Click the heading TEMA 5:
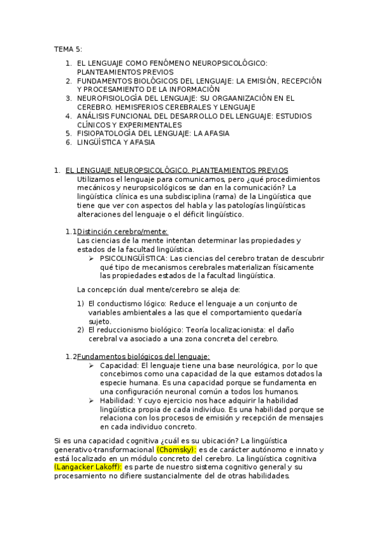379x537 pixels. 68,49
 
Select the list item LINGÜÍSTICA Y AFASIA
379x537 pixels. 115,142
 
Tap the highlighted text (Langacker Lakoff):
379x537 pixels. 89,467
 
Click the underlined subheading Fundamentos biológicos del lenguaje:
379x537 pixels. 143,357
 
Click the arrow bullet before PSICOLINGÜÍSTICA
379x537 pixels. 92,258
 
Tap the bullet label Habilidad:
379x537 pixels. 118,401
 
